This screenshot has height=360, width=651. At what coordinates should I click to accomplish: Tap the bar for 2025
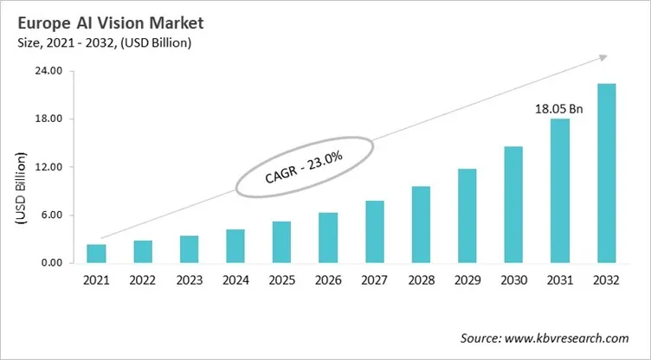282,242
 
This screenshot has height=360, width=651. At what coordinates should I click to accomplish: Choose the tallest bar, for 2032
606,173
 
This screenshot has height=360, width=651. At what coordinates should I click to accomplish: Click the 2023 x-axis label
189,280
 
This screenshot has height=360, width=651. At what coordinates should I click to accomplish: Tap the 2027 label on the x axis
374,280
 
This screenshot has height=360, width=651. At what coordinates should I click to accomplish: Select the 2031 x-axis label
560,280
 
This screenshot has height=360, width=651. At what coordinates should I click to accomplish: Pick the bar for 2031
560,190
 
